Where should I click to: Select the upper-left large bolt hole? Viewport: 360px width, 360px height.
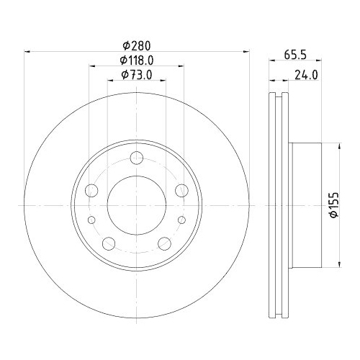(91, 190)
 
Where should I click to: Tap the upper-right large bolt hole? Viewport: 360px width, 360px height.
(181, 190)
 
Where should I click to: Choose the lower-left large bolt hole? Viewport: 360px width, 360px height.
(109, 243)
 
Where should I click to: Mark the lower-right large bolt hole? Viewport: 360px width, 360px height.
(164, 243)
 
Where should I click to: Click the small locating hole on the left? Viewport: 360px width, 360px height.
(91, 220)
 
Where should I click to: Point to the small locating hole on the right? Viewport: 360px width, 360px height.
(181, 220)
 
